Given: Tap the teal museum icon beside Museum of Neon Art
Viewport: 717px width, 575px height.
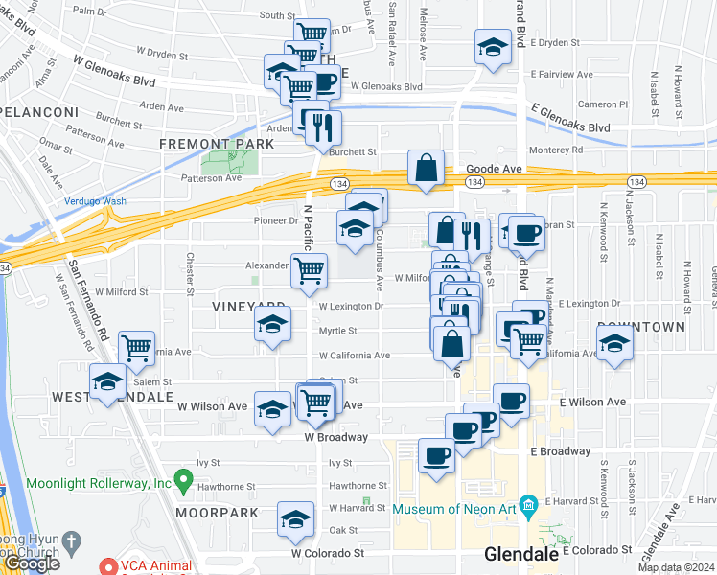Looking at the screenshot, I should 526,504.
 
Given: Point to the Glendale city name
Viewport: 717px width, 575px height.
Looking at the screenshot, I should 521,554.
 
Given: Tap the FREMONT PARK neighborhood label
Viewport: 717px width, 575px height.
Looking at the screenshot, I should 217,144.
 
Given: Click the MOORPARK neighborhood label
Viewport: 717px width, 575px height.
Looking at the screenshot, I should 217,513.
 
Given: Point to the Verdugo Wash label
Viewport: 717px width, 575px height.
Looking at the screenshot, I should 95,201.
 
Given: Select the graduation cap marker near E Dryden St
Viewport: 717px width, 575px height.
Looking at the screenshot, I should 493,48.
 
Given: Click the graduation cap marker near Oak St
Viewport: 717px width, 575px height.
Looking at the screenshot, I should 295,520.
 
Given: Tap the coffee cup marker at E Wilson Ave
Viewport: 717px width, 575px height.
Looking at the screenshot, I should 511,402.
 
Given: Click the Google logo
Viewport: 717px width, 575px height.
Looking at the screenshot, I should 32,563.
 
